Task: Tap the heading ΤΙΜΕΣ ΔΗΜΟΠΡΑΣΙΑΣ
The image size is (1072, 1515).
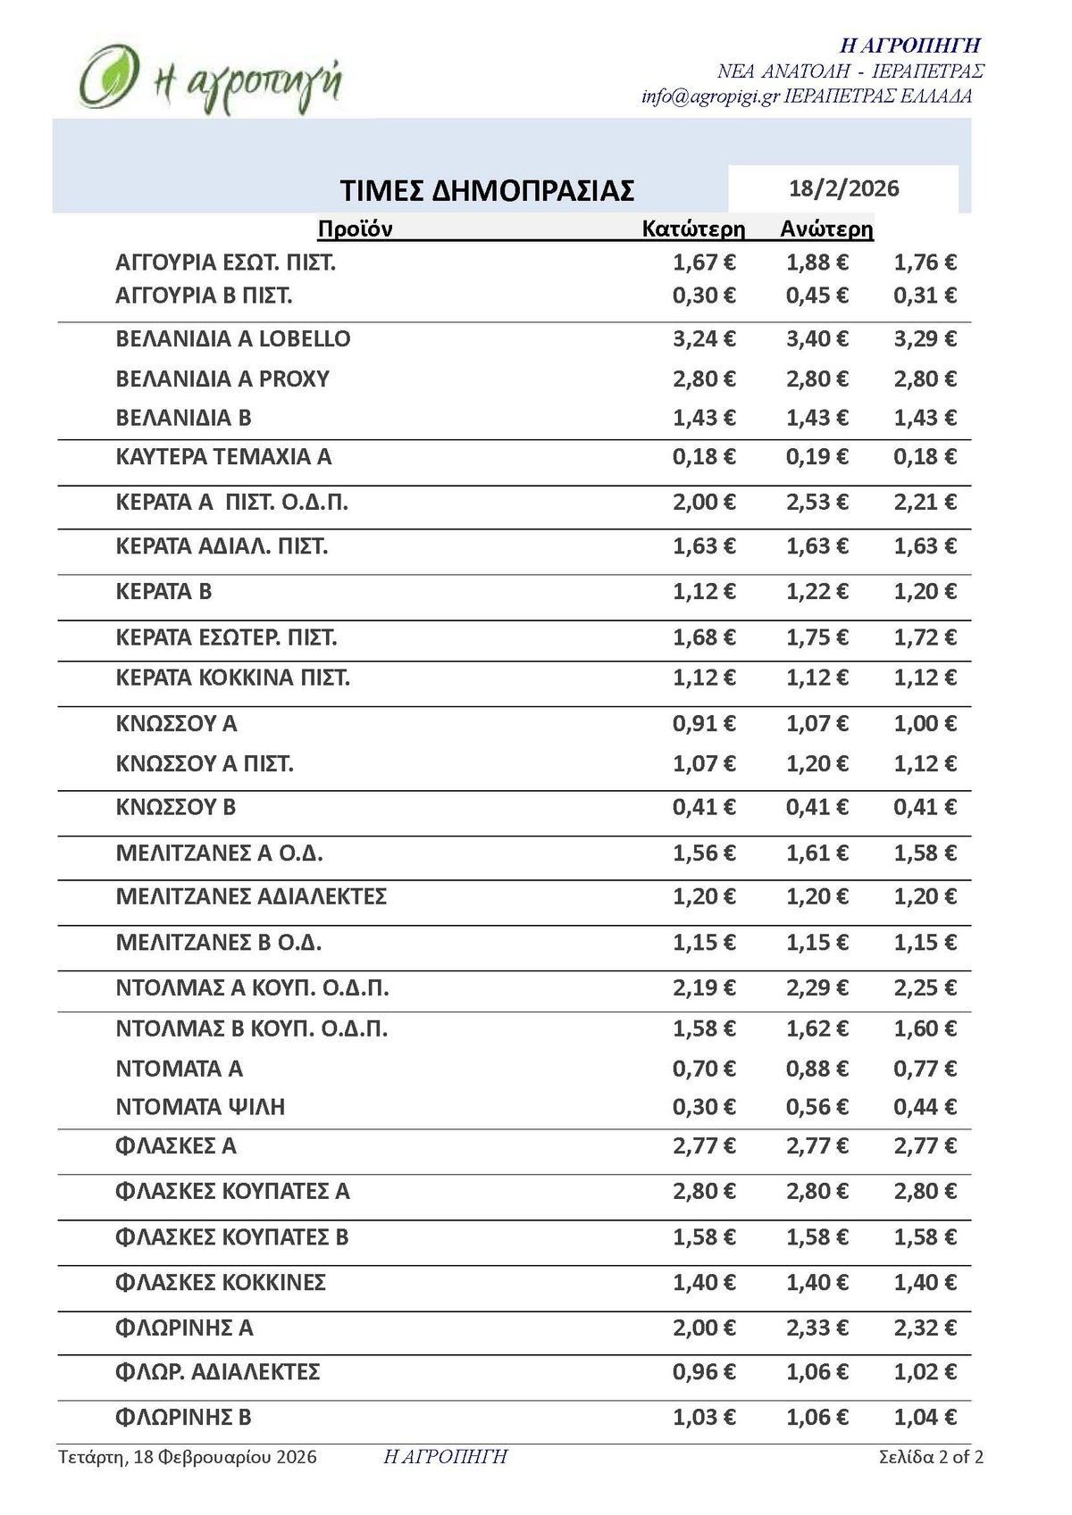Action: (x=487, y=190)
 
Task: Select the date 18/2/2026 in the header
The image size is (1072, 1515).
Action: (x=843, y=188)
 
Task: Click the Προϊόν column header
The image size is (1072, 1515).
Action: (x=355, y=229)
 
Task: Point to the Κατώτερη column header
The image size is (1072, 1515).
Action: (x=693, y=229)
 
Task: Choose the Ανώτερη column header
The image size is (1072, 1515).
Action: (x=826, y=229)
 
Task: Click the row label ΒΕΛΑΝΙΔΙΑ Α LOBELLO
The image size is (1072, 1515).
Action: (x=233, y=339)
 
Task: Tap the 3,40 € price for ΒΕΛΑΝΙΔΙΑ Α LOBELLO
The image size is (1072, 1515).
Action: (x=817, y=339)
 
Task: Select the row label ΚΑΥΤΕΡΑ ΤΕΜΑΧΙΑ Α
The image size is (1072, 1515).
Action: (x=223, y=457)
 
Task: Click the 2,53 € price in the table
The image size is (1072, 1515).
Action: (x=817, y=503)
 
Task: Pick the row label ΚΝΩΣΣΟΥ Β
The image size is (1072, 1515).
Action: (x=176, y=808)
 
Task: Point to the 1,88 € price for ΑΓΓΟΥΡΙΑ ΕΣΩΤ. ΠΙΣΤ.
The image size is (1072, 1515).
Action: (x=817, y=262)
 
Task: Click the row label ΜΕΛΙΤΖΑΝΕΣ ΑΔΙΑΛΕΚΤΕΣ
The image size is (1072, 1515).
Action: (x=251, y=896)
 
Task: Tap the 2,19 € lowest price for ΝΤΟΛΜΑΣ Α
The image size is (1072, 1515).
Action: (x=704, y=988)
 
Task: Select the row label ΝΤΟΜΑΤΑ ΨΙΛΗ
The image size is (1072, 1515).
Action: (x=200, y=1107)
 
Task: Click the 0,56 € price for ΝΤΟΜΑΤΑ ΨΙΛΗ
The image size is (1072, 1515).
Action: (x=817, y=1107)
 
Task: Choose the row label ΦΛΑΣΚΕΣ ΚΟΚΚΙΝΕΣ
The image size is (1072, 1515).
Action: (x=221, y=1283)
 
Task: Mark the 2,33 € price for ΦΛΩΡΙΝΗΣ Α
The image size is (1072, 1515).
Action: (x=817, y=1328)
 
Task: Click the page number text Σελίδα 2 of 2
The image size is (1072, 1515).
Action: (x=931, y=1457)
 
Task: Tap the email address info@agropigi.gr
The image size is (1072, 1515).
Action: (x=710, y=96)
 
